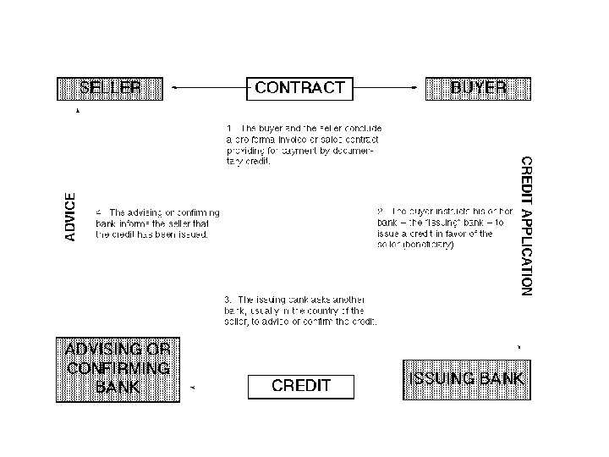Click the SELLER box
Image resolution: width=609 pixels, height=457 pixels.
tap(109, 88)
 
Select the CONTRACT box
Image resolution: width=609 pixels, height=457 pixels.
tap(299, 88)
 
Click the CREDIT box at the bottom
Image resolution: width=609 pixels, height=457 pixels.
tap(300, 387)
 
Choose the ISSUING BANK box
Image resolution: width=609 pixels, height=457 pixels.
tap(466, 379)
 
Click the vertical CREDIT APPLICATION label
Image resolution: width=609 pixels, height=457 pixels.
tap(526, 225)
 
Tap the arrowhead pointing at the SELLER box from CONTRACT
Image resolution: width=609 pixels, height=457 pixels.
tap(174, 87)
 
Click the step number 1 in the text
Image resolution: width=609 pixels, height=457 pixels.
tap(228, 127)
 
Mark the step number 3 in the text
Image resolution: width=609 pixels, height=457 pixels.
tap(228, 300)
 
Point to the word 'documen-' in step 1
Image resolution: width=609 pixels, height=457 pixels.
tap(356, 150)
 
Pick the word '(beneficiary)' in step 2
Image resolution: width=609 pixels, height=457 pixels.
tap(426, 245)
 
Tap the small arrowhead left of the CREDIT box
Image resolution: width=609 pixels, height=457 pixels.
tap(194, 387)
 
